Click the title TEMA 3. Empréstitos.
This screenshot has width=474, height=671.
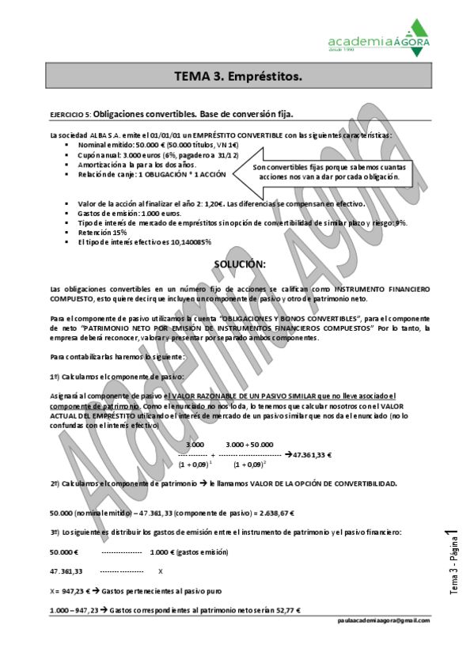pyautogui.click(x=237, y=77)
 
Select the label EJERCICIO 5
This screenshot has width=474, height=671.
pyautogui.click(x=69, y=115)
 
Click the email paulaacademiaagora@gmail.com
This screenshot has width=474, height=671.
pyautogui.click(x=382, y=621)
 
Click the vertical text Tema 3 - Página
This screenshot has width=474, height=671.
pyautogui.click(x=453, y=567)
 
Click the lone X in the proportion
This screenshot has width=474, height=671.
pyautogui.click(x=161, y=571)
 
